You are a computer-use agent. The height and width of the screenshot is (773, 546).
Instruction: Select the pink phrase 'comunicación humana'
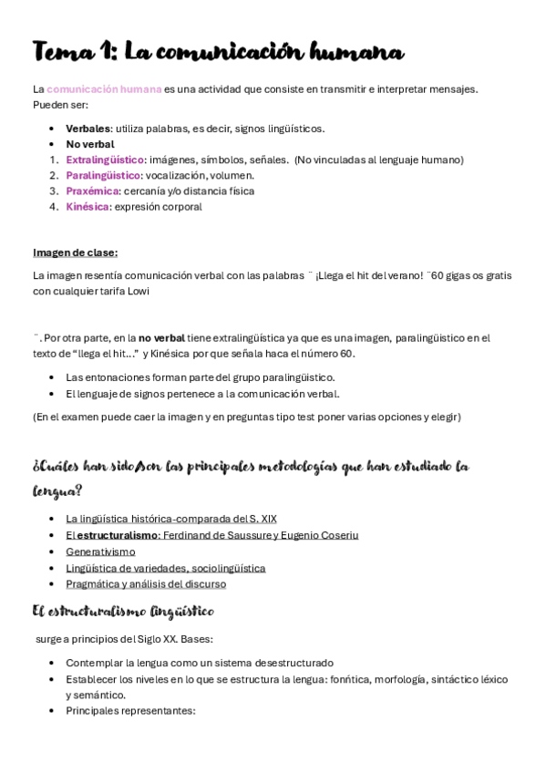pos(104,88)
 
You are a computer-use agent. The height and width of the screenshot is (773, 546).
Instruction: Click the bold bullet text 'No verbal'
pos(90,144)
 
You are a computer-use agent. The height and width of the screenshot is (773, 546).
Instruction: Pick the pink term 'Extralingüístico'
pos(104,160)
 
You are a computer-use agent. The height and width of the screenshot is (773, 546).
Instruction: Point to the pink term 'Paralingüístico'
pos(103,175)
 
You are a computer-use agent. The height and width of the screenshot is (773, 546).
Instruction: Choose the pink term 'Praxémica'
pos(92,191)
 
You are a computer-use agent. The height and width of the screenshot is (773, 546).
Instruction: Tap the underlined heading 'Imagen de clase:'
pos(75,253)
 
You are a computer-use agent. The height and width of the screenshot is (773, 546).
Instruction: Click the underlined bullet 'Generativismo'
pos(100,551)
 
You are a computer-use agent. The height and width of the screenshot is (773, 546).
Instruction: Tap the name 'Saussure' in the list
pos(247,535)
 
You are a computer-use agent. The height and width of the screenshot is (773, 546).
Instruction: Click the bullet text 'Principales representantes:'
pos(130,710)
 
